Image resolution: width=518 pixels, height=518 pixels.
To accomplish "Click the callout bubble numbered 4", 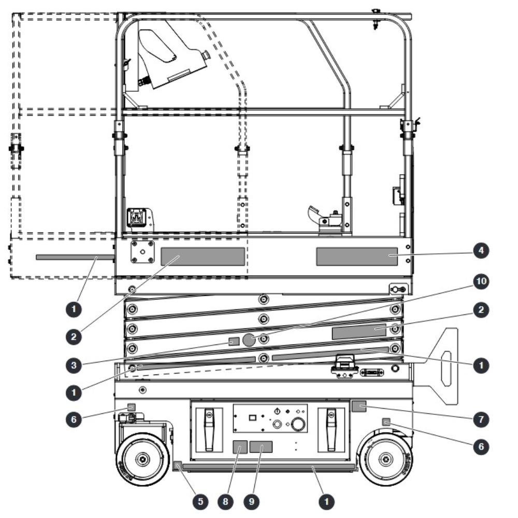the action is click(x=481, y=251).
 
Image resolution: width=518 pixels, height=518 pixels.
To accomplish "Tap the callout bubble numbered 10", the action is click(x=481, y=281).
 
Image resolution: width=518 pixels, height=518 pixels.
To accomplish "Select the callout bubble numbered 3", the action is click(x=74, y=365).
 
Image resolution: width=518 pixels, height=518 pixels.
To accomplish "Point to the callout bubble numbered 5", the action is click(x=200, y=501).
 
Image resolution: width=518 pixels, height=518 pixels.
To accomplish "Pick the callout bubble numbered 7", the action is click(x=481, y=420).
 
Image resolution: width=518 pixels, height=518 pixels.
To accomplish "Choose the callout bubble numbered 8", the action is click(x=226, y=501).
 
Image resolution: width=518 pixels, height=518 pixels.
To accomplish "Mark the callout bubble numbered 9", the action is click(x=251, y=501).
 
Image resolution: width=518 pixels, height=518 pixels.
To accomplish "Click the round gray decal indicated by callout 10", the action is click(x=249, y=340).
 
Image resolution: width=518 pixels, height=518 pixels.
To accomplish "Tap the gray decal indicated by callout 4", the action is click(x=357, y=257).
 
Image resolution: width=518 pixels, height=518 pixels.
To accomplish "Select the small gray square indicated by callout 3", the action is click(x=234, y=341).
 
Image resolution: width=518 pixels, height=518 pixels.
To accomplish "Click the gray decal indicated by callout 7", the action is click(x=359, y=406).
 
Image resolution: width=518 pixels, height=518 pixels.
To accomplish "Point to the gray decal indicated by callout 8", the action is click(x=240, y=448).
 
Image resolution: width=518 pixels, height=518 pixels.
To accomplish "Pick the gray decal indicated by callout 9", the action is click(x=261, y=447).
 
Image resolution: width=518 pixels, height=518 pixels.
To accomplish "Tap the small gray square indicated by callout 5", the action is click(x=177, y=466).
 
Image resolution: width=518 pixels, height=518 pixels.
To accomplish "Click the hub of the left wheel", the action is click(x=142, y=459).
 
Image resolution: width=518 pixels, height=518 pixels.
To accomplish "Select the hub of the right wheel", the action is click(x=385, y=459).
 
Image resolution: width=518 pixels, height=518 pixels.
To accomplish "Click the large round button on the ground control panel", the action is click(x=298, y=424).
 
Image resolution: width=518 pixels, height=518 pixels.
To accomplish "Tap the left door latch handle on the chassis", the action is click(x=209, y=429).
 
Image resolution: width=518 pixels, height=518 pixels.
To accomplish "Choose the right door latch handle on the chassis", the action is click(x=331, y=429).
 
